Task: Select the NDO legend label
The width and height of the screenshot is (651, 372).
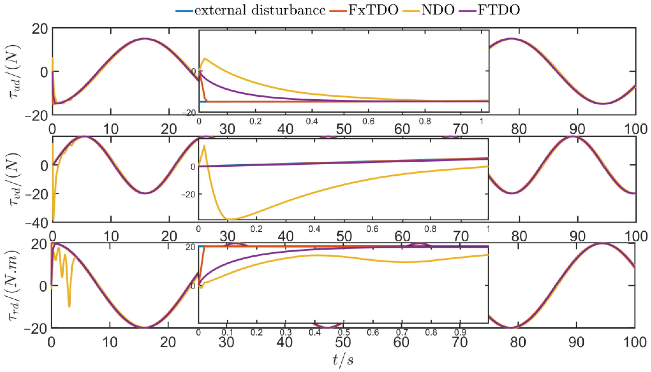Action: click(x=438, y=10)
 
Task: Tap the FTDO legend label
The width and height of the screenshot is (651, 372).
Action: click(x=498, y=10)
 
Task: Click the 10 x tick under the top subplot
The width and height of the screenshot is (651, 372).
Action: click(x=111, y=129)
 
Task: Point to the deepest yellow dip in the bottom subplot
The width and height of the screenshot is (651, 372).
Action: click(x=69, y=306)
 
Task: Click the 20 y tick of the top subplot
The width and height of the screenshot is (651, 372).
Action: click(x=40, y=29)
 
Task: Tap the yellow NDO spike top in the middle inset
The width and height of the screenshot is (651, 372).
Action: click(x=204, y=146)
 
